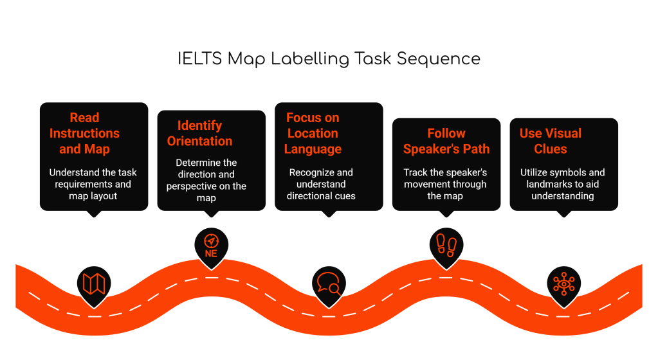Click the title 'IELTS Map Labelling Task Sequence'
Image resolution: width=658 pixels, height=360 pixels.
(x=329, y=59)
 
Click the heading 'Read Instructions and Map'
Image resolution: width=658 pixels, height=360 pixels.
(x=84, y=133)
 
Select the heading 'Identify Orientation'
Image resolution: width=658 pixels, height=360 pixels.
(x=199, y=133)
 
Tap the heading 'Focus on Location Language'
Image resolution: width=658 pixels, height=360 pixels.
(x=313, y=133)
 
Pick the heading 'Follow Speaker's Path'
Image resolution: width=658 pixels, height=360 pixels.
(x=446, y=141)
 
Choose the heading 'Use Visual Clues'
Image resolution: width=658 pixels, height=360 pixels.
(x=551, y=141)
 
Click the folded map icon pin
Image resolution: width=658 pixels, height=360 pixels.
(x=94, y=283)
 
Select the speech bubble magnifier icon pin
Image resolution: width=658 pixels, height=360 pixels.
(x=329, y=283)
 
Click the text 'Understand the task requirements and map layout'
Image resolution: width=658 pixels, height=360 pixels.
(x=94, y=184)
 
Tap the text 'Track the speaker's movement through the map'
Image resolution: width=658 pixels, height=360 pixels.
(x=445, y=184)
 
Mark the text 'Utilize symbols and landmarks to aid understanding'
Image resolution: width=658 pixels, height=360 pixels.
(x=563, y=184)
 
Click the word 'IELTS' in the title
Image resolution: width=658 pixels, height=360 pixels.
(x=199, y=59)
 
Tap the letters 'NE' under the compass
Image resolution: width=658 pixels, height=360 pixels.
(x=211, y=253)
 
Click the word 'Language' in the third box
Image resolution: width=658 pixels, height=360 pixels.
(x=313, y=149)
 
